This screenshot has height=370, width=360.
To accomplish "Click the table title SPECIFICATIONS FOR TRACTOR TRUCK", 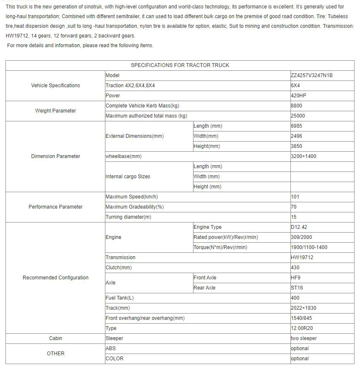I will pos(180,65).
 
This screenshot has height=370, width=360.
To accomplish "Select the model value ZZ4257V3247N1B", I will pos(312,75).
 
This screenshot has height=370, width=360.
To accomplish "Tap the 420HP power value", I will pos(298,96).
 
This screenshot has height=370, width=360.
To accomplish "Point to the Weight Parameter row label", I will pos(56,111).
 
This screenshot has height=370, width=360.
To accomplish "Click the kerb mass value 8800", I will pos(297,106).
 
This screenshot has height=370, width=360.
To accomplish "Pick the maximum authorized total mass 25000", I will pos(298,116).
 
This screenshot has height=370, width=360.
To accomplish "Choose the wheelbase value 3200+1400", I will pos(304,156).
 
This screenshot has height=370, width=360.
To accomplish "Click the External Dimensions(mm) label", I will pos(134,136).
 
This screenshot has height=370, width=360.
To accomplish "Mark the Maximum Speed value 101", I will pos(295,197).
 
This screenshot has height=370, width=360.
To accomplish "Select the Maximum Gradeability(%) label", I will pos(134,207).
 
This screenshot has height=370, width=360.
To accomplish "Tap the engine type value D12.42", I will pos(299,227).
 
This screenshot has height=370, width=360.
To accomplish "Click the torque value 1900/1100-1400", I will pos(309,247).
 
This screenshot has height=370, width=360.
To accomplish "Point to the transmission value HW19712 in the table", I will pos(302,257).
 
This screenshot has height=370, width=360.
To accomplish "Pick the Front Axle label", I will pos(205,278).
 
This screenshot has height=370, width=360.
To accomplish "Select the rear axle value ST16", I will pos(297,288).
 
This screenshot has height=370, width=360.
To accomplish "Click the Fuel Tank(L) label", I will pos(120,298).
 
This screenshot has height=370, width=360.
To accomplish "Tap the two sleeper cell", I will pos(304,338).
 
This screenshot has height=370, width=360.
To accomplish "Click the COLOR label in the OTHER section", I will pos(115,359).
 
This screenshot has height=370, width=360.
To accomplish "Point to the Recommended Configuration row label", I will pos(56,278).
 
